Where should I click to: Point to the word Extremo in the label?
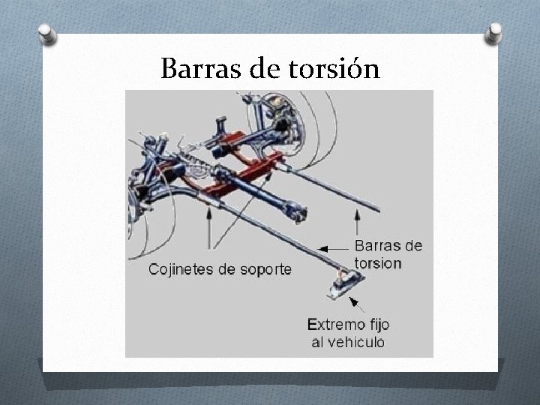tap(333, 325)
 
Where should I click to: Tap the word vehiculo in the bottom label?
tap(355, 342)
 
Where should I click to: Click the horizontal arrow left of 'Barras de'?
tap(334, 247)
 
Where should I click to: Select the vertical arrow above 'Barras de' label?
tap(357, 223)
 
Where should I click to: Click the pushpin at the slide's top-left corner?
tap(46, 34)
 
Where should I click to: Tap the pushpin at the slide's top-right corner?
tap(493, 32)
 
